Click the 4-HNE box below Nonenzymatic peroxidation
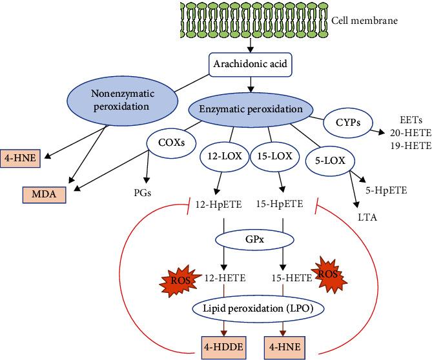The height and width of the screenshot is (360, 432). pyautogui.click(x=20, y=137)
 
